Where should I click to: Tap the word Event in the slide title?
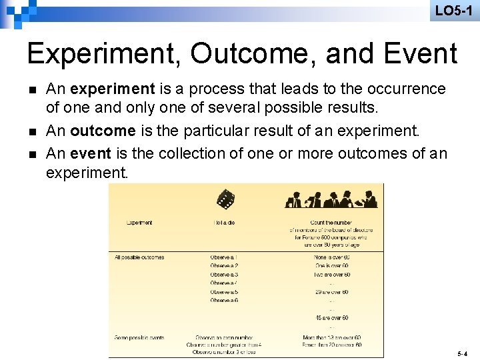pyautogui.click(x=417, y=54)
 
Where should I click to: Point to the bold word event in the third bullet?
pyautogui.click(x=90, y=153)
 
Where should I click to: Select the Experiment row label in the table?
pyautogui.click(x=139, y=223)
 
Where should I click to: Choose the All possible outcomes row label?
pyautogui.click(x=139, y=257)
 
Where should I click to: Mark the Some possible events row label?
pyautogui.click(x=139, y=337)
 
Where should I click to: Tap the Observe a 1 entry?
pyautogui.click(x=224, y=257)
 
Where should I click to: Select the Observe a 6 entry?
pyautogui.click(x=224, y=301)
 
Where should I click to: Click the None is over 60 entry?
pyautogui.click(x=332, y=257)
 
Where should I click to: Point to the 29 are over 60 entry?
pyautogui.click(x=332, y=292)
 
